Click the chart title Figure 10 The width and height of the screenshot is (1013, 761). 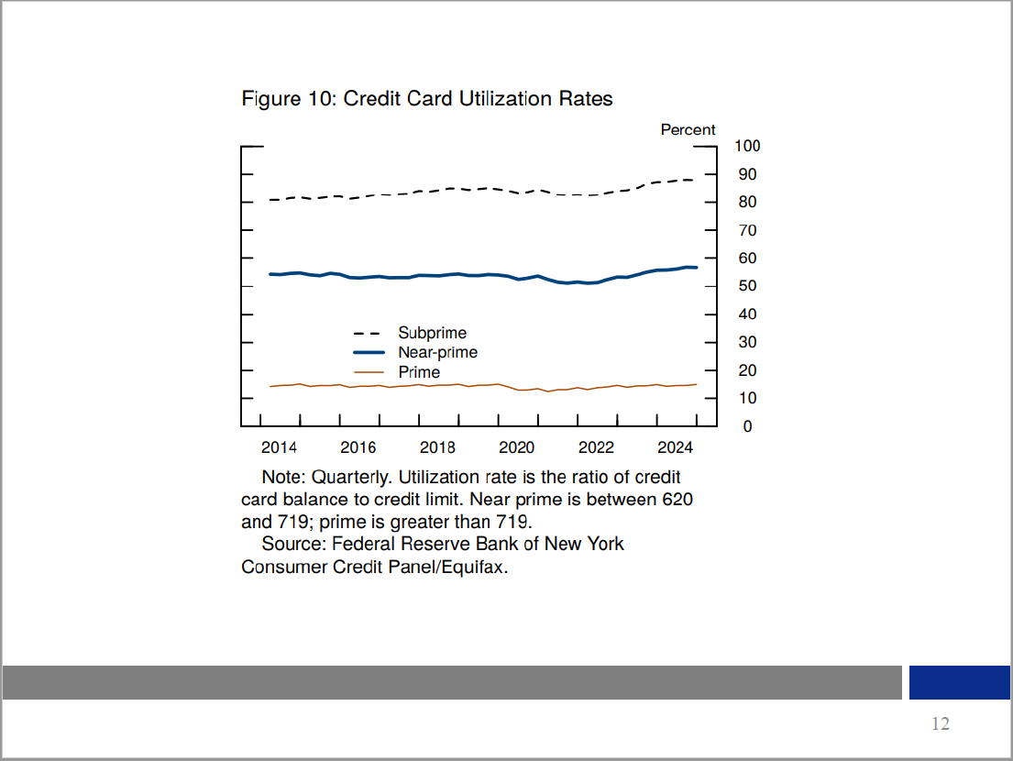coord(426,98)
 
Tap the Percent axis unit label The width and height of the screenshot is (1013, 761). coord(688,130)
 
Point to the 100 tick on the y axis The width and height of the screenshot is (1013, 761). coord(747,147)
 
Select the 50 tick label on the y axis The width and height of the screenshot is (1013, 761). coord(747,286)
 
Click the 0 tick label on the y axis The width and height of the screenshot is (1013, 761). coord(747,426)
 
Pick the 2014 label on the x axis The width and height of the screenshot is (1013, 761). coord(279,447)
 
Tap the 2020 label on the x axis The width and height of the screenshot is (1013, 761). coord(516,447)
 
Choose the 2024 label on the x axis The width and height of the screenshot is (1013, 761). coord(675,447)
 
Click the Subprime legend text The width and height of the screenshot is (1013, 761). coord(432,333)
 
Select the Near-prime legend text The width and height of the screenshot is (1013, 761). coord(437,352)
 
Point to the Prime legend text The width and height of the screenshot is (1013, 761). coord(419,372)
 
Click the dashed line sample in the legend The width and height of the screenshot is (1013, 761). coord(368,334)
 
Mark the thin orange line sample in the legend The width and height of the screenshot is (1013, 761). coord(368,372)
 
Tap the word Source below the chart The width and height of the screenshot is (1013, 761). coord(292,544)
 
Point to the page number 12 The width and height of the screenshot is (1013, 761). coord(941,724)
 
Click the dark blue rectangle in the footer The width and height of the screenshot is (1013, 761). coord(959,682)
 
